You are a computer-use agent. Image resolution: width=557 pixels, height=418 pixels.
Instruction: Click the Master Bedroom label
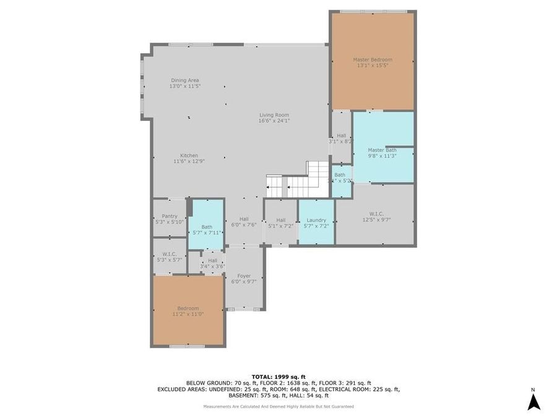(373, 60)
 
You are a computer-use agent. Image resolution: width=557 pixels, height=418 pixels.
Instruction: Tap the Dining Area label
(184, 81)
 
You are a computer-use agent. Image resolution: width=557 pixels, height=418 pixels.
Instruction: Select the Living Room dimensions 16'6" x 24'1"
(274, 121)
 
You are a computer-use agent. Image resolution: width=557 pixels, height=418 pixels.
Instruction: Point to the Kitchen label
(189, 155)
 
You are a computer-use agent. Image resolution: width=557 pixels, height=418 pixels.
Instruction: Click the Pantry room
(169, 219)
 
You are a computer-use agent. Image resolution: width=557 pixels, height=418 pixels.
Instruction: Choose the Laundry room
(316, 223)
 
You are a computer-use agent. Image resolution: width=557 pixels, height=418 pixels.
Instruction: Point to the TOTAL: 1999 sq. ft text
(278, 377)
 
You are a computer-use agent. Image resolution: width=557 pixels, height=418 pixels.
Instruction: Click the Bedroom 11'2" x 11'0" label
(188, 311)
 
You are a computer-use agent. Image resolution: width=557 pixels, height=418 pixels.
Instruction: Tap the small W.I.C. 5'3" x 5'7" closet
(169, 257)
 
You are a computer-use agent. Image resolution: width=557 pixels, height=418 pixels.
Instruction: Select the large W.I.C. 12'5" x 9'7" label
(376, 217)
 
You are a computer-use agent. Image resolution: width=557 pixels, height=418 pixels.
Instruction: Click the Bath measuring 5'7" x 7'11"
(206, 230)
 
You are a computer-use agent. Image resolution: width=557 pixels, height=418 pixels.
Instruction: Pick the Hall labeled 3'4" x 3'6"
(212, 263)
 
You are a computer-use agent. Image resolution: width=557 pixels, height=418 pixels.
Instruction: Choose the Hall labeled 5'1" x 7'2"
(280, 223)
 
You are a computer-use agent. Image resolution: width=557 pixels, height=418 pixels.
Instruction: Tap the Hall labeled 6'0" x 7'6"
(243, 222)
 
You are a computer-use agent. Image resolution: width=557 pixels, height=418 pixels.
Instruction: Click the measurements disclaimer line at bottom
(278, 406)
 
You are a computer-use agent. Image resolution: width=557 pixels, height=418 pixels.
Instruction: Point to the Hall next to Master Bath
(341, 138)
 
